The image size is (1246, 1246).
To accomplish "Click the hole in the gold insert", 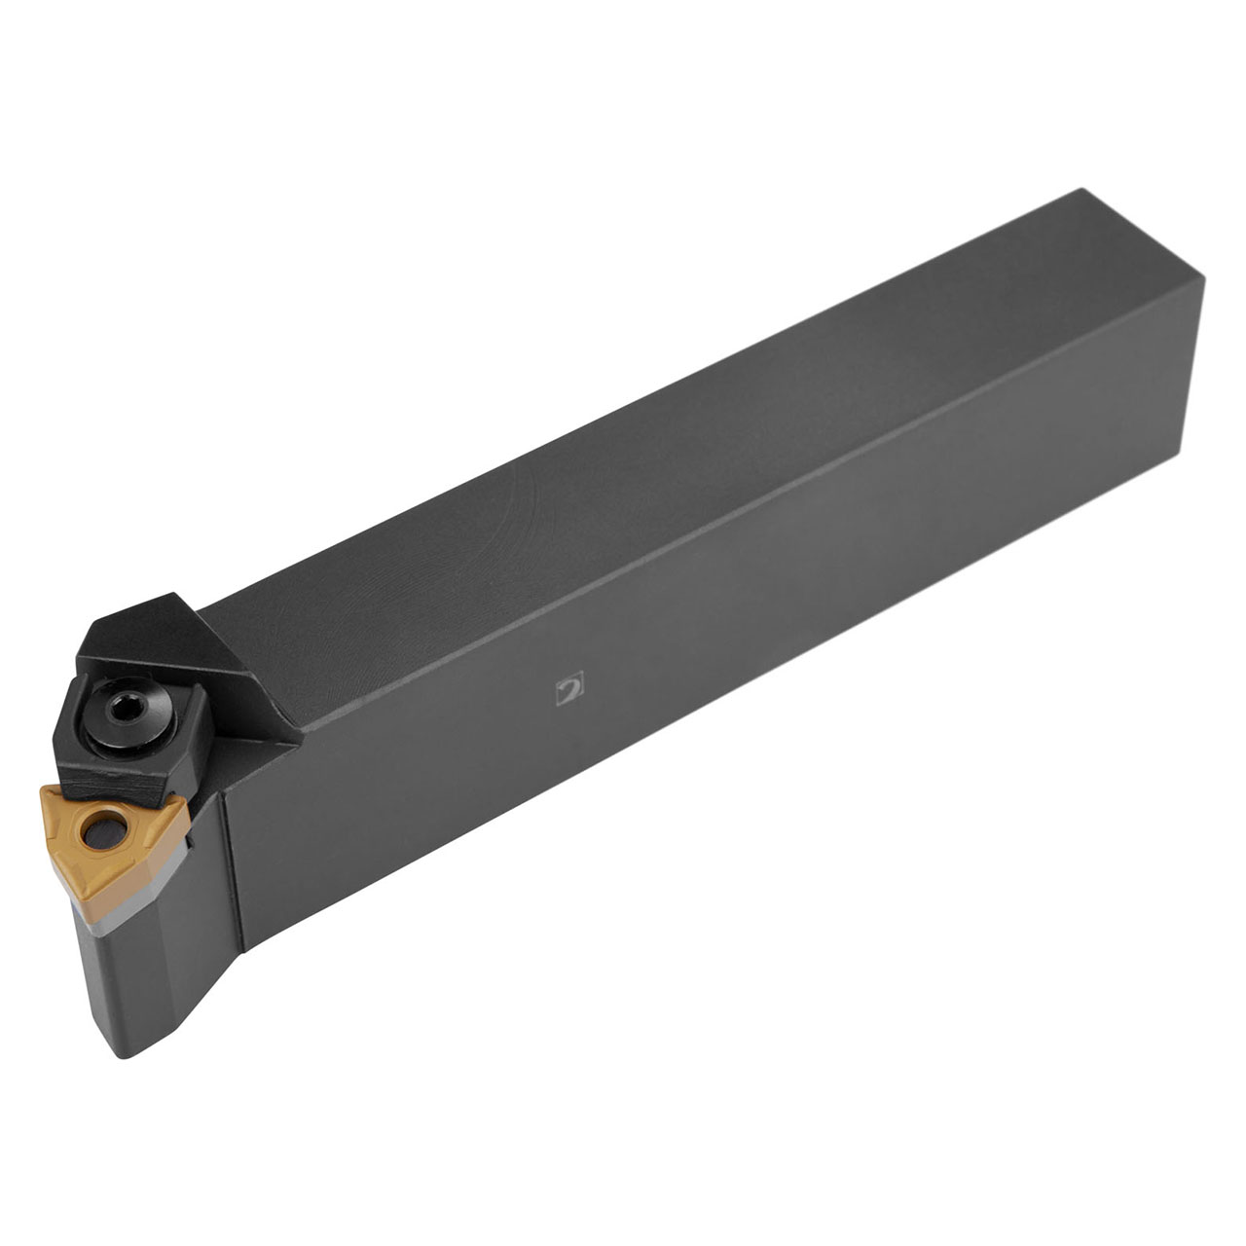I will (98, 831).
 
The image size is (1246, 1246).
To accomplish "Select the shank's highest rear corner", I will (1083, 193).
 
